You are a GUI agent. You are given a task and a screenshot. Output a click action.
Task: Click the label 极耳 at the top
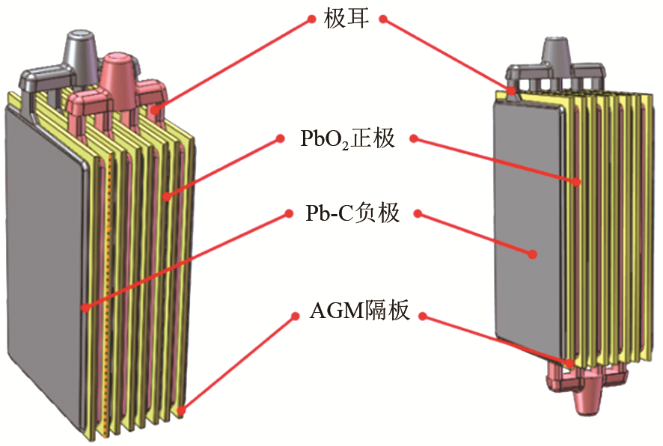coord(347,19)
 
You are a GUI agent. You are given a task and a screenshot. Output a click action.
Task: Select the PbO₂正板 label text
coord(347,138)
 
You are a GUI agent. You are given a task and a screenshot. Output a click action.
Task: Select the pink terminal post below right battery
coord(591,397)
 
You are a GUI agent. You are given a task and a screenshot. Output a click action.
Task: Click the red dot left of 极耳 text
coord(312,19)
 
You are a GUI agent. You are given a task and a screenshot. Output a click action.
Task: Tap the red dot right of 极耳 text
coord(382,19)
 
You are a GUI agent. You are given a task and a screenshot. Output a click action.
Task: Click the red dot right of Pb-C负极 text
coord(417,214)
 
